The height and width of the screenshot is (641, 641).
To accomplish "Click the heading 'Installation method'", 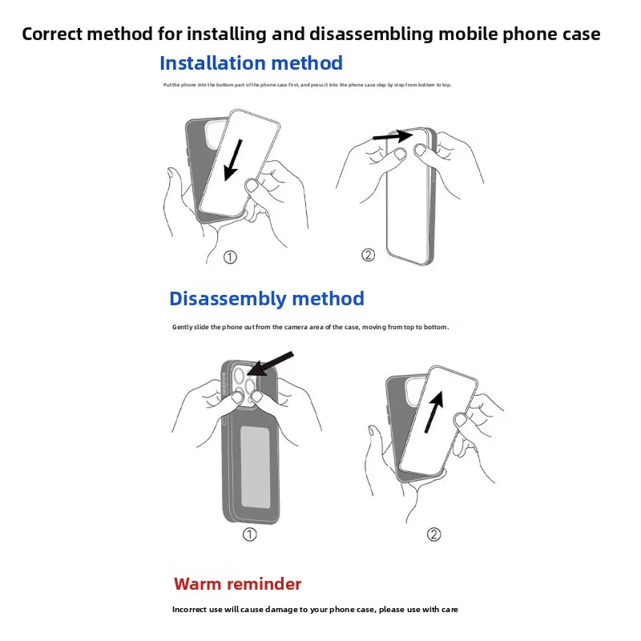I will click(x=251, y=63).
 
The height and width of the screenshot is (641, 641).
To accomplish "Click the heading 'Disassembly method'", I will click(x=266, y=299).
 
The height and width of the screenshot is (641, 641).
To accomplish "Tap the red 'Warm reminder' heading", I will click(x=238, y=583).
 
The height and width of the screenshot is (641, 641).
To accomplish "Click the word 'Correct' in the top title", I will click(x=54, y=34).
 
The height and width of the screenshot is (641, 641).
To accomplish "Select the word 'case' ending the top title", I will click(x=582, y=34).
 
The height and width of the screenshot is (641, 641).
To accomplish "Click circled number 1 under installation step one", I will click(x=230, y=257).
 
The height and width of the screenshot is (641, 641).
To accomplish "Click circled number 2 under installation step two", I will click(x=368, y=256).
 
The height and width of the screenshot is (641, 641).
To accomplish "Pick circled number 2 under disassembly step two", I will click(x=433, y=534).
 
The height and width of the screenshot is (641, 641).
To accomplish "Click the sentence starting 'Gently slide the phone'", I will click(x=310, y=327).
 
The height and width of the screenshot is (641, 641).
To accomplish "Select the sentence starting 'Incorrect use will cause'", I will click(x=314, y=610).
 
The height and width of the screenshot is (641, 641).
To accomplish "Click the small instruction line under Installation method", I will click(x=307, y=85).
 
